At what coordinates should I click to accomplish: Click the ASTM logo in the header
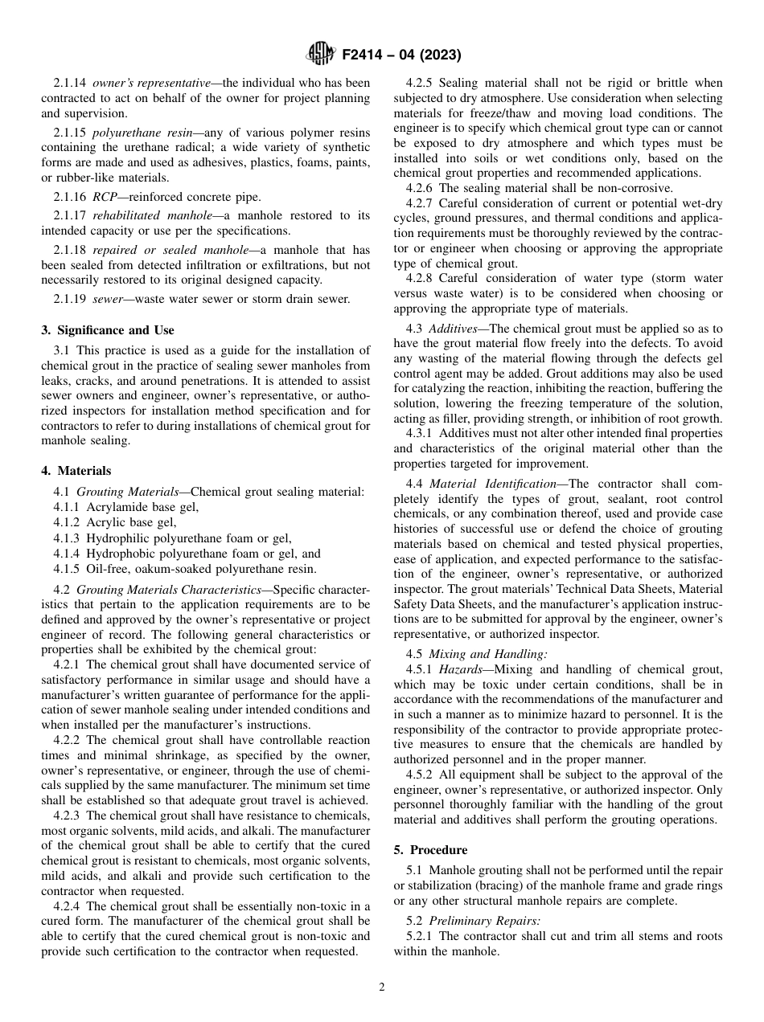coord(321,55)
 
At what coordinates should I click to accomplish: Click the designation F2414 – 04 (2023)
coord(400,55)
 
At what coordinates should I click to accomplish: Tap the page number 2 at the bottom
coord(382,987)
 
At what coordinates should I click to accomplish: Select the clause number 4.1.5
coord(67,569)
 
